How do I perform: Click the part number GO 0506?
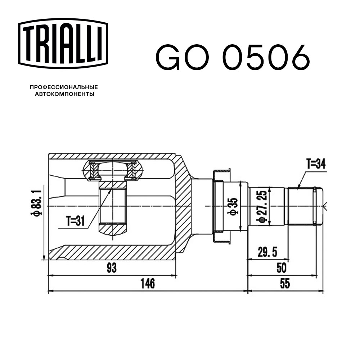pos(233,58)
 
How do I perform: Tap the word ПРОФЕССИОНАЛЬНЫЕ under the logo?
pos(63,87)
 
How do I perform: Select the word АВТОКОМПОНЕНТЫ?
pos(64,94)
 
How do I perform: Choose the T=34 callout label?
pos(316,164)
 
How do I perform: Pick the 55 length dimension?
pos(284,284)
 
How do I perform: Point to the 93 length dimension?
pos(112,268)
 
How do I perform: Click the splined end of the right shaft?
pos(301,206)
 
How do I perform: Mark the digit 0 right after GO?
pos(234,58)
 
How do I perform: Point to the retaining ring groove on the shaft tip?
pos(315,206)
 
